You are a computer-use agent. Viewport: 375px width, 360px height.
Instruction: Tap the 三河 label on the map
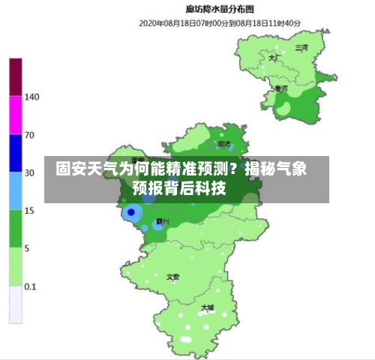click(x=301, y=47)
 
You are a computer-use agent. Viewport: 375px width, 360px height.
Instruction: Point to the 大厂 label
click(x=274, y=57)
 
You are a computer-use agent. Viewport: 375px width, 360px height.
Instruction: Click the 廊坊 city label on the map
click(x=223, y=143)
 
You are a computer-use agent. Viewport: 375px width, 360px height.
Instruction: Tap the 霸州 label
click(x=162, y=222)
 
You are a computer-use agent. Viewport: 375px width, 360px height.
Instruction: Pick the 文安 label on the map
click(x=173, y=277)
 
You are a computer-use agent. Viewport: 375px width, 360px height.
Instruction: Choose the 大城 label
click(x=208, y=307)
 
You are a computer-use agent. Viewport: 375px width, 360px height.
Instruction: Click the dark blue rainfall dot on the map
click(x=132, y=212)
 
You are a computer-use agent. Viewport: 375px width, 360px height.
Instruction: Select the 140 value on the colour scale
click(x=32, y=97)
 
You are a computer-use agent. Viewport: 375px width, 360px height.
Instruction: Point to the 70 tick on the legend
click(x=30, y=135)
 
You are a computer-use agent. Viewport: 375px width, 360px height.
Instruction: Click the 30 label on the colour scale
click(x=30, y=172)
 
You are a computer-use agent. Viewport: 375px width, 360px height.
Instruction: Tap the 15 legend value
click(x=30, y=211)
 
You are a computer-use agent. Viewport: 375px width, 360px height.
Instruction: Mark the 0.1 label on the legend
click(x=31, y=286)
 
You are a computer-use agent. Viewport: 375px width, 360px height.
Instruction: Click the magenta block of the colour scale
click(x=16, y=115)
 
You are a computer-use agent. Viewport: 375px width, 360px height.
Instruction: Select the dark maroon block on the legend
click(x=16, y=77)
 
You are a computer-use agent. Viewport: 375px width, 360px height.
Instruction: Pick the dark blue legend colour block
click(x=16, y=154)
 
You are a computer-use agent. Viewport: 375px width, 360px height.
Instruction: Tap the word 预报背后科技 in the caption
click(x=179, y=188)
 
